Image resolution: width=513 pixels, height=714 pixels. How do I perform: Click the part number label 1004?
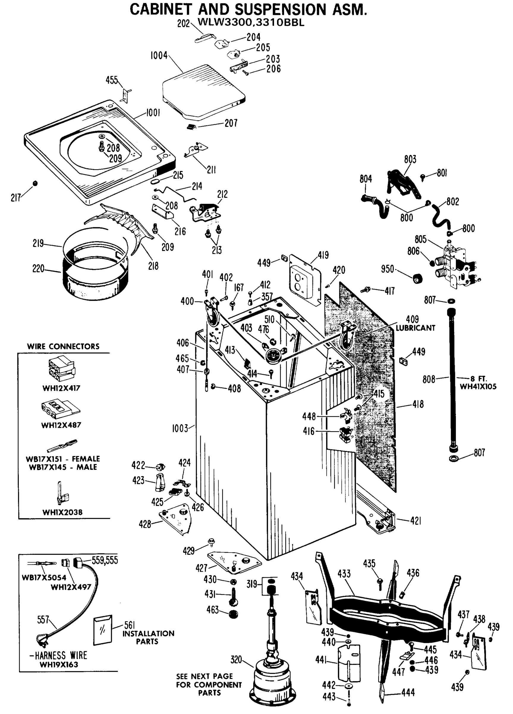159,56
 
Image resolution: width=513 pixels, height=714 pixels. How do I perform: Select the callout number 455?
112,80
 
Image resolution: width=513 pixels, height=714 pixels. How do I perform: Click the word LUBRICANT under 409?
415,328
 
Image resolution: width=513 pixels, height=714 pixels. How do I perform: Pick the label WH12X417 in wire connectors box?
61,388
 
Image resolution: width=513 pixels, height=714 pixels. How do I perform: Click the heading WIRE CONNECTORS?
63,347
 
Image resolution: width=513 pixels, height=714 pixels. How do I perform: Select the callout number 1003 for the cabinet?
180,428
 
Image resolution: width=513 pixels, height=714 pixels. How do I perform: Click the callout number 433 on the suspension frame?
344,574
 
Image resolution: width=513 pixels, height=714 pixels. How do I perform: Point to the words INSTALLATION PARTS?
148,638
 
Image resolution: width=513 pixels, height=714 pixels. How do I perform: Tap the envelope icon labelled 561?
103,630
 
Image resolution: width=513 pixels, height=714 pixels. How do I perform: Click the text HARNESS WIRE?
61,656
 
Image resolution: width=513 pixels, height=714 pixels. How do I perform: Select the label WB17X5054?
44,578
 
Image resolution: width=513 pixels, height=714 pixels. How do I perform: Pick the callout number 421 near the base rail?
416,521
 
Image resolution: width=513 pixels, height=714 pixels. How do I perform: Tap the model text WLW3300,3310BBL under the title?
251,23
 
